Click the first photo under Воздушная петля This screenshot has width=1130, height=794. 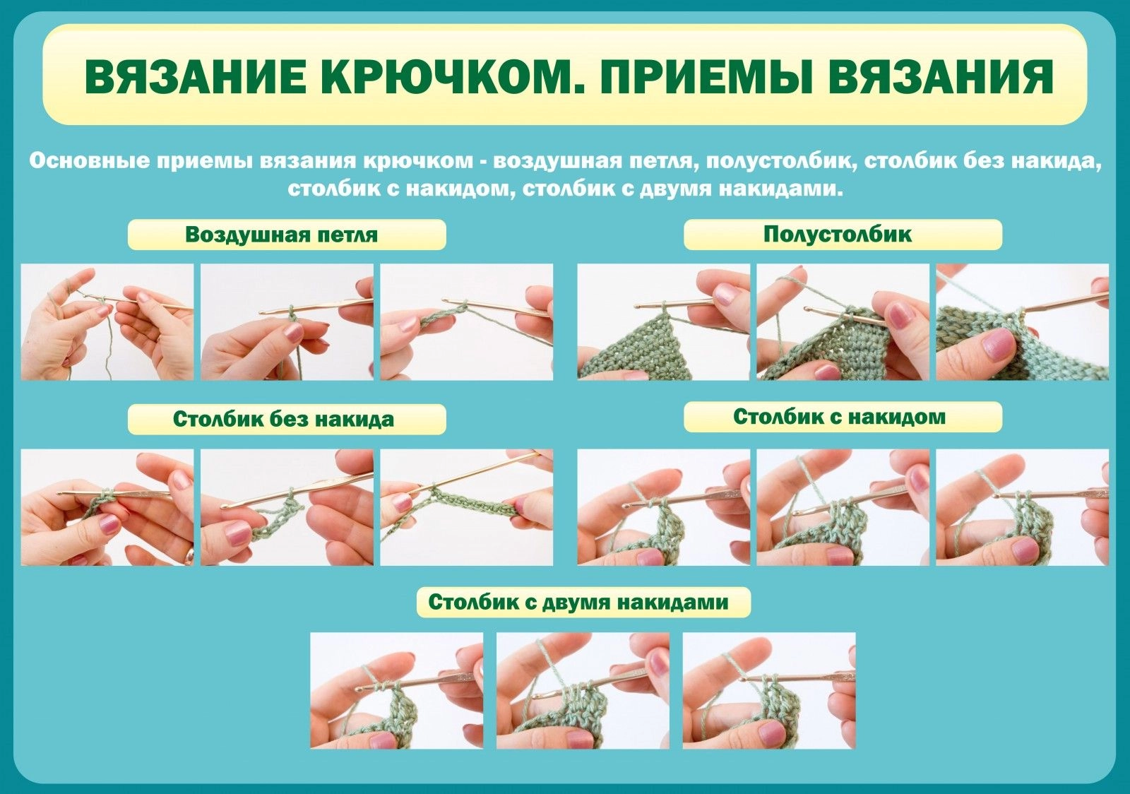pos(107,322)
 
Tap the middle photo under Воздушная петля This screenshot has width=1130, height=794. pos(287,322)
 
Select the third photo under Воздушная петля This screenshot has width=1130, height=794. pos(467,322)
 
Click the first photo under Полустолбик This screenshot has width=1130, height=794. pos(663,322)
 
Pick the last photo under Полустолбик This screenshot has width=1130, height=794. pos(1023,322)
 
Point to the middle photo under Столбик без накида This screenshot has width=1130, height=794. pos(287,507)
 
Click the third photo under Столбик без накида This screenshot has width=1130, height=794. pos(467,507)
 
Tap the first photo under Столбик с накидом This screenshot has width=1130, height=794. pos(663,507)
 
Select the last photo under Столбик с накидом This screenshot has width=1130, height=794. pos(1023,507)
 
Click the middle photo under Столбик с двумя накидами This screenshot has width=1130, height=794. pos(583,691)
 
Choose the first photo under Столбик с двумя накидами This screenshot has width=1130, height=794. pos(396,691)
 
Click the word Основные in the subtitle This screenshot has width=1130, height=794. pos(89,161)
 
